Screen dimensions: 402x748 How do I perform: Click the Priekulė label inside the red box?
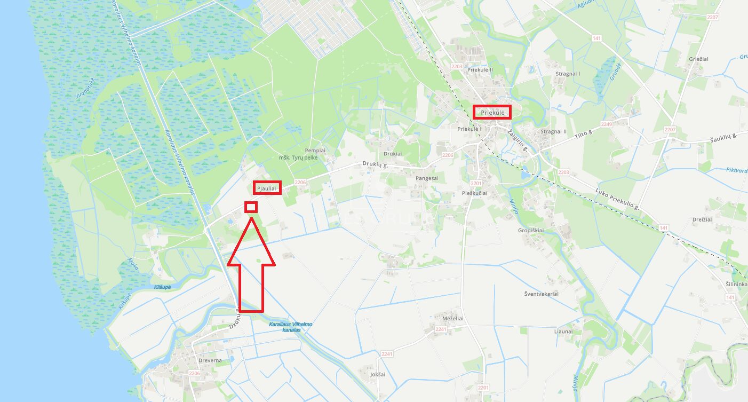[x=492, y=112]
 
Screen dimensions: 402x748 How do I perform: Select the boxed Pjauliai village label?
[x=267, y=188]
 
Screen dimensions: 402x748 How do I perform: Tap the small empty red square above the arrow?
[x=251, y=207]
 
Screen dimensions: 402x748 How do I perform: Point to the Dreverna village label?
[x=210, y=360]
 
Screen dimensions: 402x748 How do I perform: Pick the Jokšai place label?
[x=377, y=374]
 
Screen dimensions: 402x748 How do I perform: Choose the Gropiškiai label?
[x=530, y=231]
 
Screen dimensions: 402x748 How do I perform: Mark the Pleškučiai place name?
[x=474, y=193]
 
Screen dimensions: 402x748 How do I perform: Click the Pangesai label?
[x=427, y=178]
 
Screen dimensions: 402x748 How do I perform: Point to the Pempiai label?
[x=315, y=151]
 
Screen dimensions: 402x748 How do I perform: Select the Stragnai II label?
[x=553, y=131]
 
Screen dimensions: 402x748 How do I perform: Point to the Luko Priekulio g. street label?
[x=617, y=200]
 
